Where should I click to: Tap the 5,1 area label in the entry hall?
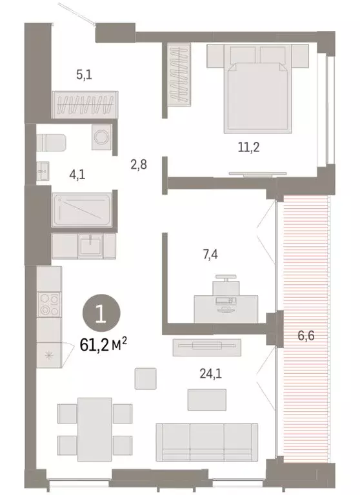click(83, 74)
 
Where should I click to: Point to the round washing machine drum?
click(101, 137)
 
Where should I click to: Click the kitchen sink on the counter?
click(89, 244)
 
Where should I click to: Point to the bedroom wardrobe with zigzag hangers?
click(177, 71)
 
